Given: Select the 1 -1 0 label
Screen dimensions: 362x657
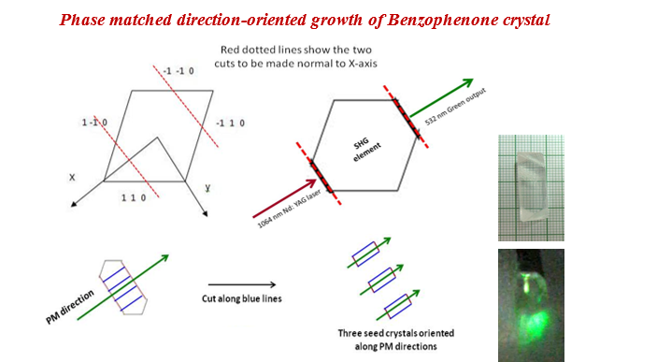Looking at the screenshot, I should [94, 123].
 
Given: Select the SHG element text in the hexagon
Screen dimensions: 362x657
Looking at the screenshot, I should [363, 146].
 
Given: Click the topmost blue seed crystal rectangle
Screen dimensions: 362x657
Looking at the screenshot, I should [364, 252].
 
